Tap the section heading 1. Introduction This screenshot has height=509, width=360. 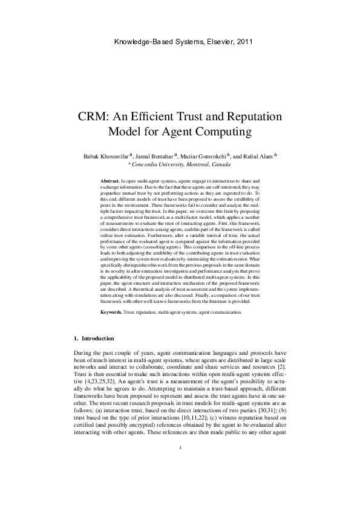pos(93,338)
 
